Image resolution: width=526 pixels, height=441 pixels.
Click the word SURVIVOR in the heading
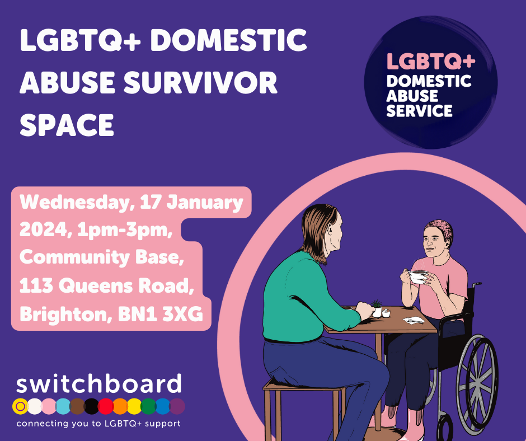tap(200, 82)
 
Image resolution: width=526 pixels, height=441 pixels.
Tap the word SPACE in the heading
tap(67, 125)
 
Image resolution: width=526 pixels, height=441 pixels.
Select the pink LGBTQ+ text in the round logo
tap(431, 61)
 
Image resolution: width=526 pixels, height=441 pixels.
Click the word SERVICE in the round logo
tap(419, 111)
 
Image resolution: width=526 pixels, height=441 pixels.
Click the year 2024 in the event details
tap(44, 230)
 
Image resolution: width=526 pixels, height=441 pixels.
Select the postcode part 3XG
tap(183, 314)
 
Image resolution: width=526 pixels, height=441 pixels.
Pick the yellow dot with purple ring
tap(20, 406)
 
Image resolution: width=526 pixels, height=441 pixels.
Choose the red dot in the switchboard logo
tap(106, 406)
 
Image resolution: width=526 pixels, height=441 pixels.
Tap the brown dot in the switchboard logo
tap(77, 406)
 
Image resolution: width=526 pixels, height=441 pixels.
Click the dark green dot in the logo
tap(148, 406)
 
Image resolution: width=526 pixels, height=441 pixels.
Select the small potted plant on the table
tap(377, 308)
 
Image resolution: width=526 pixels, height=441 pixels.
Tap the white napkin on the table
tap(414, 320)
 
